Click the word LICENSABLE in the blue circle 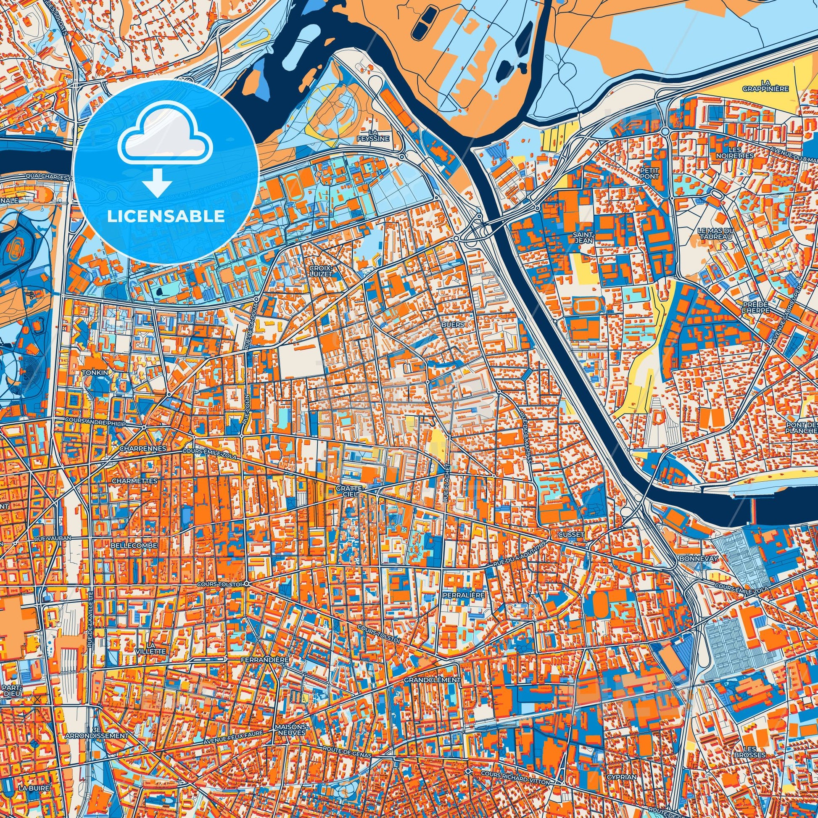[x=166, y=216]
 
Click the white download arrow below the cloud [x=157, y=182]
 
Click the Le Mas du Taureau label [x=714, y=233]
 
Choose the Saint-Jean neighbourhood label [x=583, y=237]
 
